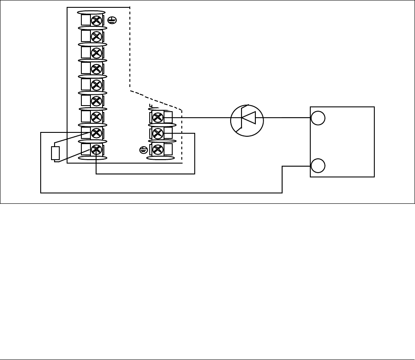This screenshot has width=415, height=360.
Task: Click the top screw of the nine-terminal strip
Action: click(x=97, y=20)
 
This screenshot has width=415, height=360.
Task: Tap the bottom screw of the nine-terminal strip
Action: click(x=97, y=150)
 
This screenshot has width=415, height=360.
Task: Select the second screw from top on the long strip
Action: click(x=97, y=36)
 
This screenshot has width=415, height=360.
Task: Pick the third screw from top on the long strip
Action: click(x=97, y=53)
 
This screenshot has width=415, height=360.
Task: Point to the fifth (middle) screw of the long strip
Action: click(x=97, y=85)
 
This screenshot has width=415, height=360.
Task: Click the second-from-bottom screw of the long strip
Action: click(x=97, y=133)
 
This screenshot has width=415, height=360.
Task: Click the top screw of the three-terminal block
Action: click(x=158, y=117)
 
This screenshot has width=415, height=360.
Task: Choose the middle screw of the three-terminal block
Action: click(x=158, y=133)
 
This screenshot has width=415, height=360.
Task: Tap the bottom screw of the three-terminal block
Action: click(x=158, y=150)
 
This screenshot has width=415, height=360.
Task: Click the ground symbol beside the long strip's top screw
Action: click(x=112, y=20)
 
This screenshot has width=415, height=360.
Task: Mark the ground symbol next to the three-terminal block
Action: click(x=144, y=150)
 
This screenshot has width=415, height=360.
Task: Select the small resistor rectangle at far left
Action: click(x=55, y=153)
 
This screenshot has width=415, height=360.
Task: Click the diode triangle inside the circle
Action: click(x=248, y=118)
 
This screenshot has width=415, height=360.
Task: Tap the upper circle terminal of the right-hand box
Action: click(x=318, y=118)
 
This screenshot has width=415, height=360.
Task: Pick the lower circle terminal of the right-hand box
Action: click(x=318, y=166)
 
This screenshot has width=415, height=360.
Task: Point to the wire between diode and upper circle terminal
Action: click(x=283, y=117)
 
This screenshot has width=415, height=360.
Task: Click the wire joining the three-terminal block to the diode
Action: click(x=201, y=117)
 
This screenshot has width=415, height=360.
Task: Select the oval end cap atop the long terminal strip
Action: click(x=91, y=13)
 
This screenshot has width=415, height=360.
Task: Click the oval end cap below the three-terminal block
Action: click(x=161, y=158)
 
